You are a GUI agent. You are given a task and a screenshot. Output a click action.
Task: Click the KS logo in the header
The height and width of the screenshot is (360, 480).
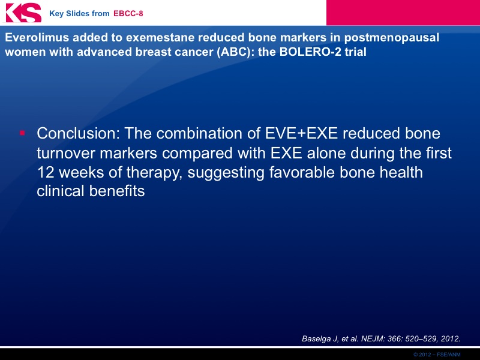(x=23, y=13)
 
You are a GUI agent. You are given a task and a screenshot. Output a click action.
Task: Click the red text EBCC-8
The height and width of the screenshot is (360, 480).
(x=128, y=13)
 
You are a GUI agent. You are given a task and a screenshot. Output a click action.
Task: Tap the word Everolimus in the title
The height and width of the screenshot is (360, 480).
(x=36, y=37)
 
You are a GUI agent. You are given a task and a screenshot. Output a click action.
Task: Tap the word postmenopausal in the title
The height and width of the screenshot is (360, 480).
(x=392, y=38)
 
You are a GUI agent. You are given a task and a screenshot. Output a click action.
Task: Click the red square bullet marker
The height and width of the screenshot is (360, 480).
(x=22, y=133)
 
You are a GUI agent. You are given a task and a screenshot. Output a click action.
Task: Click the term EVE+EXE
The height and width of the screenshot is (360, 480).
(x=301, y=133)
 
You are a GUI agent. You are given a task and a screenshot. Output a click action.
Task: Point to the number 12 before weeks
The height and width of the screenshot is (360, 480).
(x=46, y=172)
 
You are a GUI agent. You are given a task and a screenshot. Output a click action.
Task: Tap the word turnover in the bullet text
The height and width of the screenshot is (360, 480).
(x=66, y=153)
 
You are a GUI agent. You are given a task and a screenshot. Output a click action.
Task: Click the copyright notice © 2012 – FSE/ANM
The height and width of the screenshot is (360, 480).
(x=437, y=355)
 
